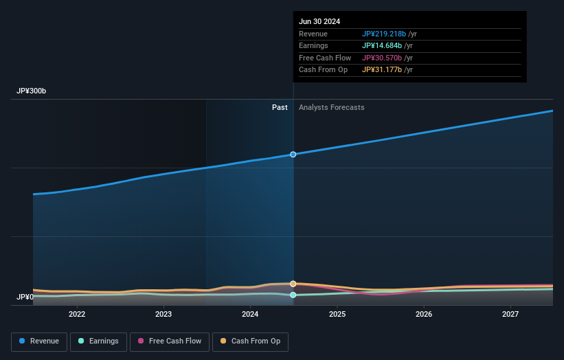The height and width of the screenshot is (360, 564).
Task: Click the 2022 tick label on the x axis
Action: tap(77, 314)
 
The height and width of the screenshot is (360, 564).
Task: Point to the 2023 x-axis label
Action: tap(163, 314)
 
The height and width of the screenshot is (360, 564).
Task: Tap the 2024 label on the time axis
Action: tap(250, 314)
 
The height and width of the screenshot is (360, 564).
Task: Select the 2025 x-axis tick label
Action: tap(337, 314)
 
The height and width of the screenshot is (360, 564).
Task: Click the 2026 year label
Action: tap(424, 314)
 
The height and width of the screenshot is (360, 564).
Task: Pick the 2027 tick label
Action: tap(510, 314)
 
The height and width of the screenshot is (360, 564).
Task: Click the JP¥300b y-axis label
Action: tap(32, 91)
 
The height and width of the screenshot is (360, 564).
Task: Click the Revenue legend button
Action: tap(40, 341)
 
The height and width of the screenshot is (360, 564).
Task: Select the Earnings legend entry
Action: tap(98, 341)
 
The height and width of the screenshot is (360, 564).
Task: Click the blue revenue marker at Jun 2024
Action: tap(293, 155)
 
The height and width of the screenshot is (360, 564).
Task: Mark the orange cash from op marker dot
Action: tap(293, 284)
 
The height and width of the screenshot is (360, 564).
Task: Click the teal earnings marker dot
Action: tap(293, 295)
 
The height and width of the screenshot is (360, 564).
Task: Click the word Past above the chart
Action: tap(280, 107)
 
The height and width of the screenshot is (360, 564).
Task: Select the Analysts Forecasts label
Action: tap(331, 107)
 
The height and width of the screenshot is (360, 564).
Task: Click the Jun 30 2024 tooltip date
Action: tap(319, 21)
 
